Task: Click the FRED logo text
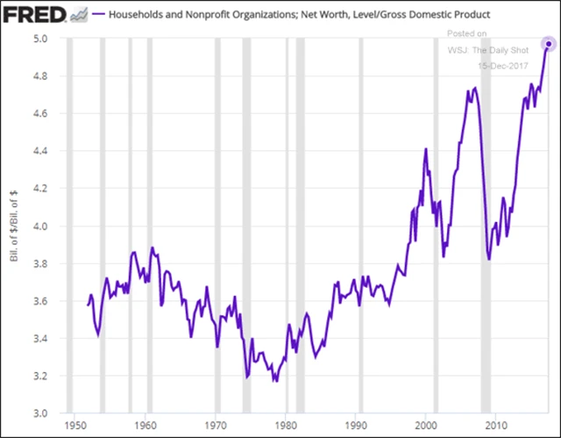tap(33, 16)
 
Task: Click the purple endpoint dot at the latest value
tap(548, 44)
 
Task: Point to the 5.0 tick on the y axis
tap(40, 39)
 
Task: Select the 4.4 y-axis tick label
tap(40, 151)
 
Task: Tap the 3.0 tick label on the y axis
tap(40, 413)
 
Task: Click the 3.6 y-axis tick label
tap(40, 301)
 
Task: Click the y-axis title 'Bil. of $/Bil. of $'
tap(12, 226)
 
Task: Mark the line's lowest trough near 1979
tap(274, 382)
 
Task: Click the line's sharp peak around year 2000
tap(426, 148)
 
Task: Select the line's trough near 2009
tap(489, 260)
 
